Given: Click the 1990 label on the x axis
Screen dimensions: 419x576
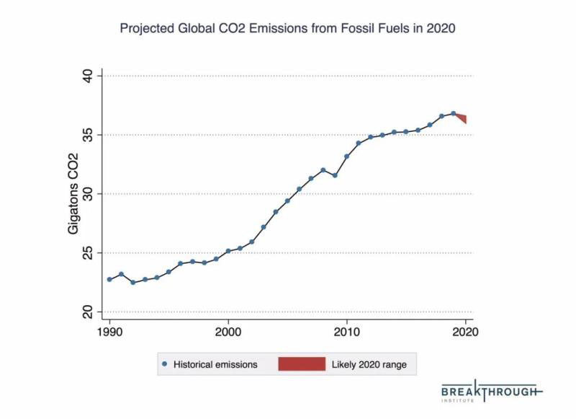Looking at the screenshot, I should [109, 332].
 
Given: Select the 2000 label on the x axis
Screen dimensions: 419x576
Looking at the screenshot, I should [228, 332].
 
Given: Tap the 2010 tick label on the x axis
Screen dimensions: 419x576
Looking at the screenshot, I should [347, 332].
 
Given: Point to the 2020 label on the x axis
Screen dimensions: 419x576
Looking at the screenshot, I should [466, 332].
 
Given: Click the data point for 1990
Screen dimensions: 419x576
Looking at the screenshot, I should [109, 279].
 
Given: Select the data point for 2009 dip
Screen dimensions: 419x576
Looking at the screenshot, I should [335, 175].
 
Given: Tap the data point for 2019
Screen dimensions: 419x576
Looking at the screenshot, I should [454, 113].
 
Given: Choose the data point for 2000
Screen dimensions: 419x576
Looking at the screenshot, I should [228, 251].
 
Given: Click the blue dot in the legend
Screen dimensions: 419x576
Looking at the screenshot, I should [166, 364].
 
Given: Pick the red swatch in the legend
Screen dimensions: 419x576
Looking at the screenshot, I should [302, 364].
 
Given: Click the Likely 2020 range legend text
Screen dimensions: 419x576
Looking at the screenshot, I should [369, 365].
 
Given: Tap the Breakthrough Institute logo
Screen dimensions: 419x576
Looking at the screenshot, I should [491, 390].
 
